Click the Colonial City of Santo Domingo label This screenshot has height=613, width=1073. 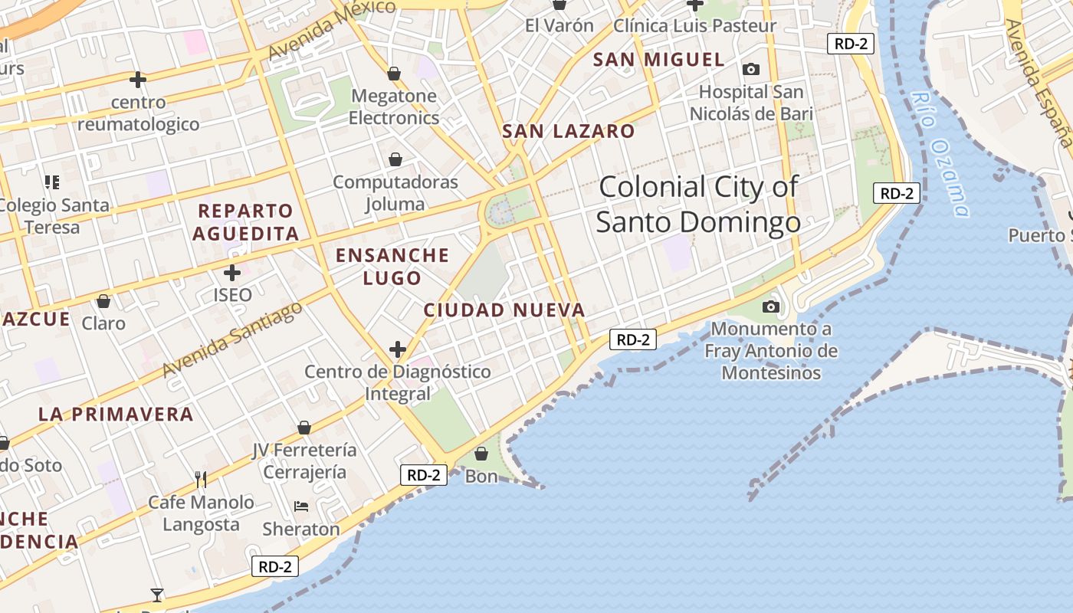click(x=698, y=204)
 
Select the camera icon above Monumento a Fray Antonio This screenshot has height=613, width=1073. click(x=771, y=307)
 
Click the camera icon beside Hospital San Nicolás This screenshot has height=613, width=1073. click(x=751, y=70)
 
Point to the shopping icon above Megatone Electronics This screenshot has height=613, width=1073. click(x=394, y=74)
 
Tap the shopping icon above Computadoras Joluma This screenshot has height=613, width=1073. click(x=395, y=159)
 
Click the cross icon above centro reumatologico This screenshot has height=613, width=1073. click(x=138, y=79)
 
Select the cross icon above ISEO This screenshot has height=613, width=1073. click(x=232, y=272)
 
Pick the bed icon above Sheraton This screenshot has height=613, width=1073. click(x=301, y=506)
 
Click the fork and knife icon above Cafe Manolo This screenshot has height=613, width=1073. click(x=201, y=480)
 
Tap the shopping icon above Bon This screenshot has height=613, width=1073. click(x=481, y=454)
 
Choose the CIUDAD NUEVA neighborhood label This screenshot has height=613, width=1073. click(x=504, y=310)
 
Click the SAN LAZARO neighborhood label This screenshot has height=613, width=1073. click(x=568, y=131)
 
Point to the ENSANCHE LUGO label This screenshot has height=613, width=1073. click(x=392, y=266)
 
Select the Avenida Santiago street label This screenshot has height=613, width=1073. click(x=232, y=340)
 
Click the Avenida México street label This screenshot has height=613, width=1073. click(x=331, y=29)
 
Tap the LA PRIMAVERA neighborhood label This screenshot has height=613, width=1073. click(x=116, y=415)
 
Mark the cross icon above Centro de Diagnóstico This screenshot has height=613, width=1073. click(x=397, y=350)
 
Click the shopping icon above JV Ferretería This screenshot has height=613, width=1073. click(x=304, y=428)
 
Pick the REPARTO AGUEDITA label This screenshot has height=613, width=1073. click(x=245, y=222)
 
